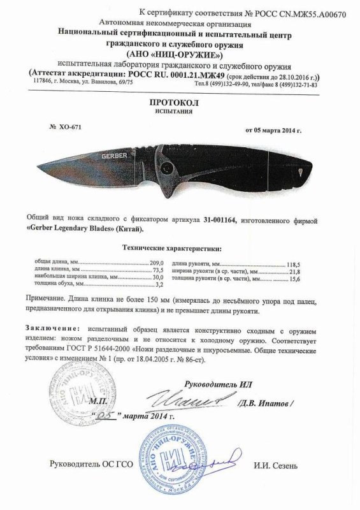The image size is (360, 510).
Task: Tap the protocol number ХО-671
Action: (69, 127)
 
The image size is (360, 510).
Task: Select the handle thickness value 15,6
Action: (295, 279)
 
